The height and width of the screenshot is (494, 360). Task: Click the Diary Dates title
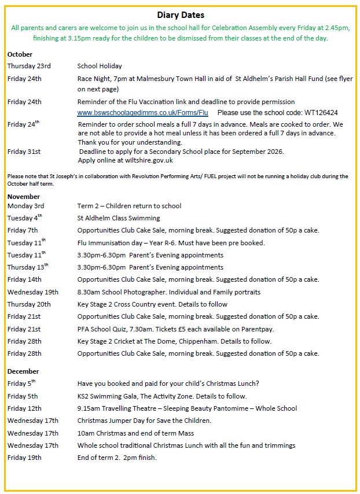[181, 15]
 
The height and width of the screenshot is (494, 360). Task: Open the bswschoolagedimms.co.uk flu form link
[142, 112]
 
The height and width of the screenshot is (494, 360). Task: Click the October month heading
[20, 54]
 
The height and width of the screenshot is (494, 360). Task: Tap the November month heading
[24, 197]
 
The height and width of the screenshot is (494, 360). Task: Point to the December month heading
[24, 371]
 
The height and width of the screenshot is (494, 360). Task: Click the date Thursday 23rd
[29, 66]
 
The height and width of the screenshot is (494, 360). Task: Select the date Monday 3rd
[26, 206]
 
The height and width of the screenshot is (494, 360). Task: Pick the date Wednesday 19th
[33, 292]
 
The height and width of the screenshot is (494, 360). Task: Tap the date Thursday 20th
[29, 304]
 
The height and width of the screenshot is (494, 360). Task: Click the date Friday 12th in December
[24, 408]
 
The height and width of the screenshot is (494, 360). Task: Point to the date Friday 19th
[24, 458]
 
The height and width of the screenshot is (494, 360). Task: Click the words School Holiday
[100, 66]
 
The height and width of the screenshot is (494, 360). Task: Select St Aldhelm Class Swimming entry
[119, 218]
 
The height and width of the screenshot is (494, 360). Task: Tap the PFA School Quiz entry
[182, 329]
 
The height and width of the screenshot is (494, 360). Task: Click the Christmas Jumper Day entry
[144, 421]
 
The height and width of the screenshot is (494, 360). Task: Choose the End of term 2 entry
[117, 458]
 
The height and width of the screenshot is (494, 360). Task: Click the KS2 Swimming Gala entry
[162, 396]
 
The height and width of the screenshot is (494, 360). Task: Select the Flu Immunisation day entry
[171, 243]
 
